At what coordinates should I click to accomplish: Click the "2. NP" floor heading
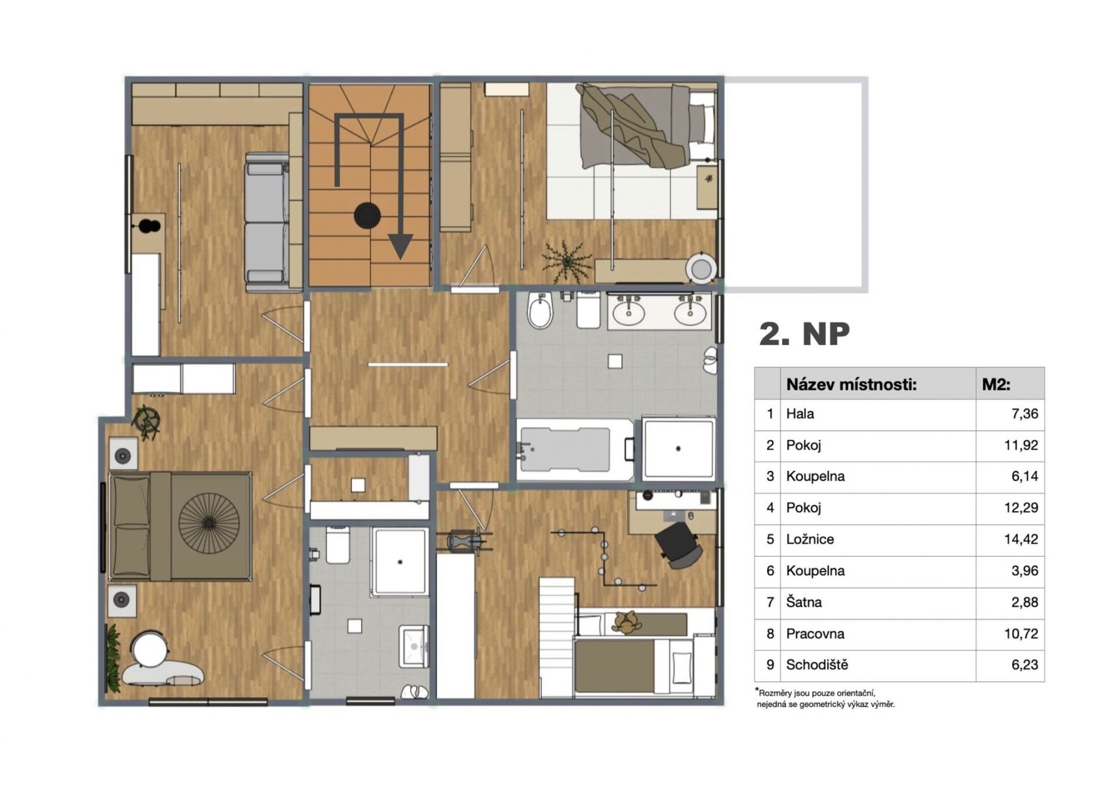804,334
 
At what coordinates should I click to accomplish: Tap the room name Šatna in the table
804,602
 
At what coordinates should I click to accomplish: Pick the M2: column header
996,384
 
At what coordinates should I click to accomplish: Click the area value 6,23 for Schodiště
1025,665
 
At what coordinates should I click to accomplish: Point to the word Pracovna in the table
815,634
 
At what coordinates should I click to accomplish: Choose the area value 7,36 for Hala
1025,414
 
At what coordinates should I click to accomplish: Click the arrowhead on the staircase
400,246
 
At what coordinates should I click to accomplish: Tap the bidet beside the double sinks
540,311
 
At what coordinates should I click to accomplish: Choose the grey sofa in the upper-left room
267,222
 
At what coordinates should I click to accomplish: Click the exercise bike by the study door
465,541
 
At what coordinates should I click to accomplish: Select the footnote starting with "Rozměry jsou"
825,698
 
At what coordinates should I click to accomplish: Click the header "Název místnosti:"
851,384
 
